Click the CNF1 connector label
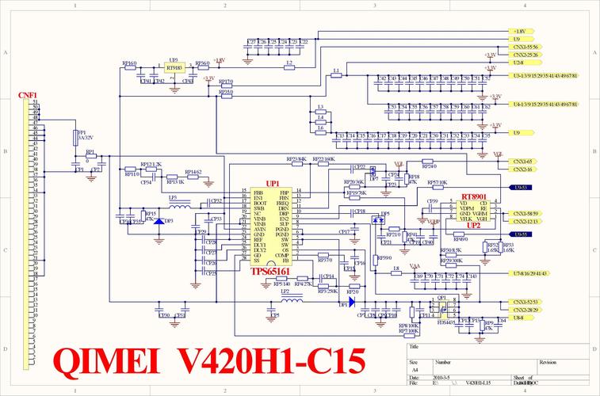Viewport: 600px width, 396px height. click(x=28, y=95)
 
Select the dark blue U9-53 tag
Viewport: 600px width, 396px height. click(x=521, y=188)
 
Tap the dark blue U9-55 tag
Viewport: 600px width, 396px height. click(x=521, y=234)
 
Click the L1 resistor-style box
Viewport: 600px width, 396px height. click(x=336, y=76)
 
